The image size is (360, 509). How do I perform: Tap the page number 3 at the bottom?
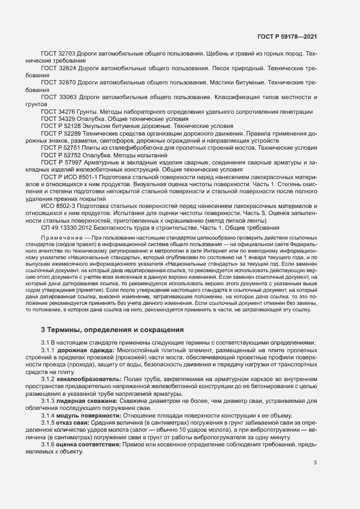coord(315,433)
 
